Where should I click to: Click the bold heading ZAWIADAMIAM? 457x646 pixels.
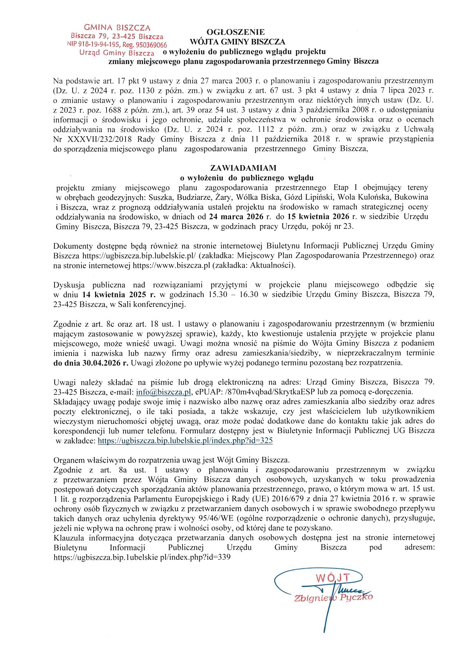coord(243,168)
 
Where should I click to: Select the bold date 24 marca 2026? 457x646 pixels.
coord(236,217)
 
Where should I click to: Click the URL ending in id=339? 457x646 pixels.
coord(142,557)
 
